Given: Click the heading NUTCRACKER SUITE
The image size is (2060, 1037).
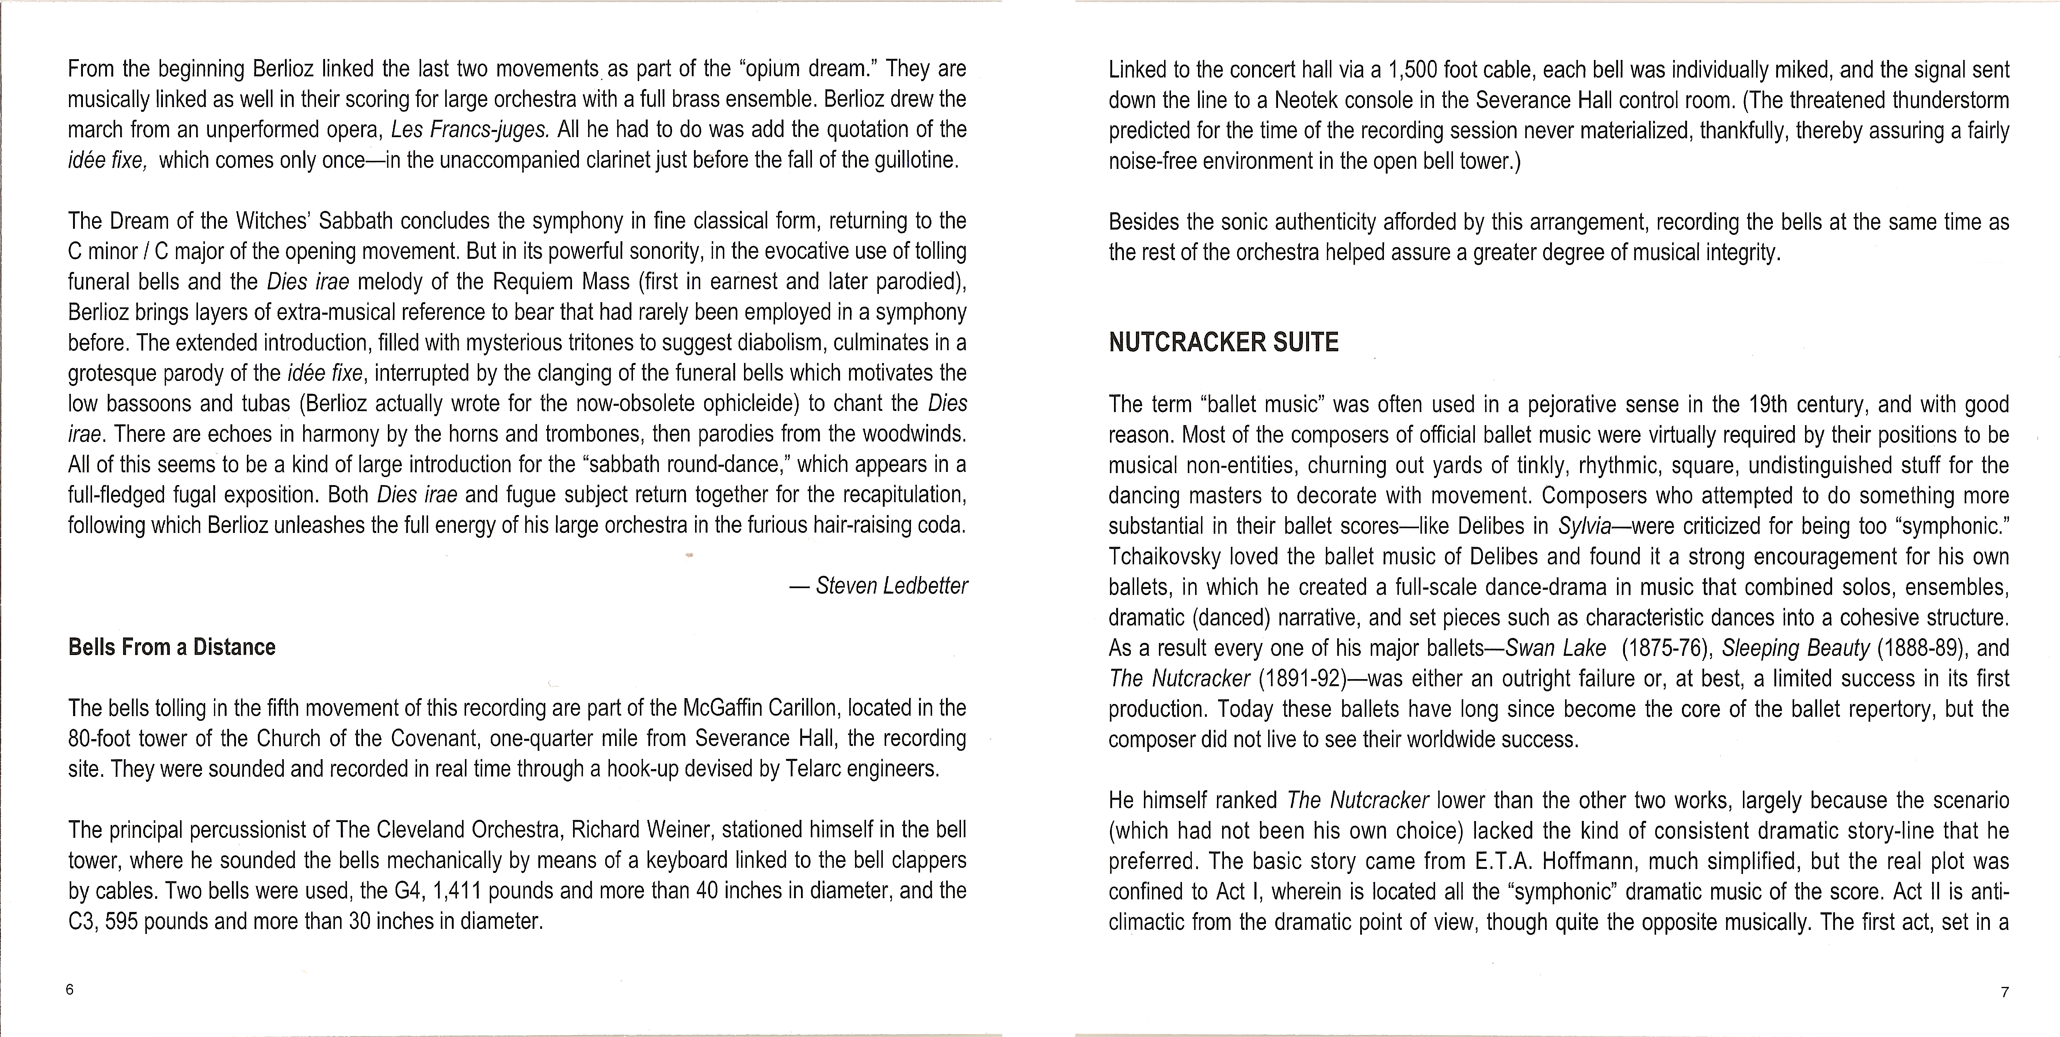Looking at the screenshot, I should point(1223,342).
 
